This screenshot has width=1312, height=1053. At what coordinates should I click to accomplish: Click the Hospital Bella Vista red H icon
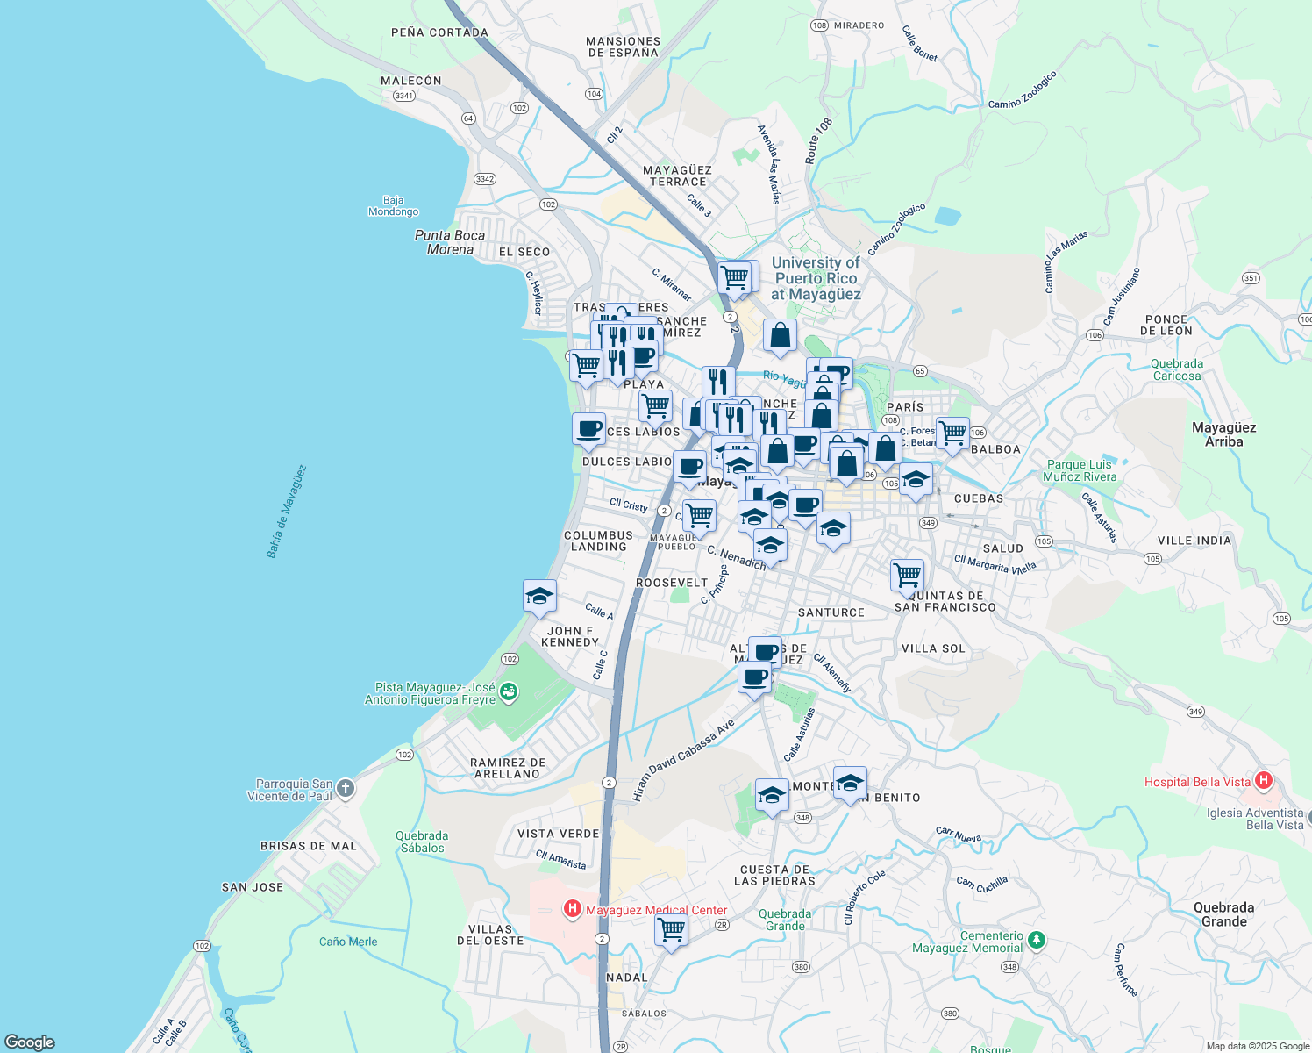click(x=1263, y=780)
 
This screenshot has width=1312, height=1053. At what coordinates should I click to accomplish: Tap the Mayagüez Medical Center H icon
click(x=572, y=909)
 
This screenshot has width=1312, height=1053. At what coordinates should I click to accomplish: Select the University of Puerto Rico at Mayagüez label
click(x=816, y=278)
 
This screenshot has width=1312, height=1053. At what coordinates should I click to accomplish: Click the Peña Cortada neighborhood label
click(x=439, y=32)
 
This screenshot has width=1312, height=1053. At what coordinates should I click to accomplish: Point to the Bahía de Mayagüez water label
click(x=287, y=512)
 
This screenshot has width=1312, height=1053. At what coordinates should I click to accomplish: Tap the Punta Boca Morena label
click(x=450, y=242)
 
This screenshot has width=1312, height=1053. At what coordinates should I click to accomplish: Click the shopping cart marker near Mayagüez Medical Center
click(x=672, y=928)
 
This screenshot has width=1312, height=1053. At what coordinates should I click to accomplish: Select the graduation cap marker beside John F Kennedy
click(x=539, y=596)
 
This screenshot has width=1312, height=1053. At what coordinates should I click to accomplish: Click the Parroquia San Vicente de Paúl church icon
click(x=346, y=788)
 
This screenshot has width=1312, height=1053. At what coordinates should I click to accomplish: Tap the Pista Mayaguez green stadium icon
click(x=508, y=694)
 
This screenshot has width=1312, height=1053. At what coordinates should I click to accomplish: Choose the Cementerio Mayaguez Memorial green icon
click(x=1037, y=940)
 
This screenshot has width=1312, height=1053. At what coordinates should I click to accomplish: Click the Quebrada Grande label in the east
click(x=1223, y=914)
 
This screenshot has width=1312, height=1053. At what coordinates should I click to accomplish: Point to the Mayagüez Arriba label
click(x=1223, y=434)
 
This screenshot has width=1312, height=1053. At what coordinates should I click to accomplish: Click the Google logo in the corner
click(x=29, y=1042)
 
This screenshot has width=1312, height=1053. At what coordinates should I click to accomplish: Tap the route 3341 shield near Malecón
click(x=403, y=96)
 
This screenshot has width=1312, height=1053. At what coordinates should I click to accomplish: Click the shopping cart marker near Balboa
click(x=952, y=433)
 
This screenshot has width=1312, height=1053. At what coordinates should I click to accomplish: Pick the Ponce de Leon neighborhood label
click(x=1166, y=326)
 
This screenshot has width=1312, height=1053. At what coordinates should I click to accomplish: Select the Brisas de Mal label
click(x=309, y=846)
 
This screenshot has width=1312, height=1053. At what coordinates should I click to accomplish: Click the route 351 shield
click(x=1251, y=278)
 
